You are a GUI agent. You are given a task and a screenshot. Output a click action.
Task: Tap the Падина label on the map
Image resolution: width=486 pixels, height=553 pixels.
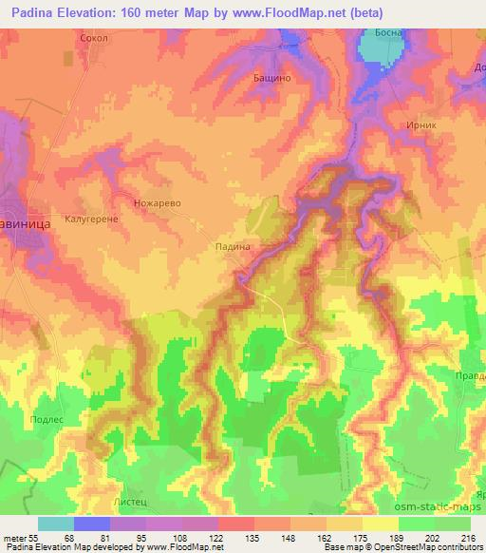(x=232, y=245)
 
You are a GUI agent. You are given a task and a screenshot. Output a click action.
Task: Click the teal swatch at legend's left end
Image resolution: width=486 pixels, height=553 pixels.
(x=56, y=524)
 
